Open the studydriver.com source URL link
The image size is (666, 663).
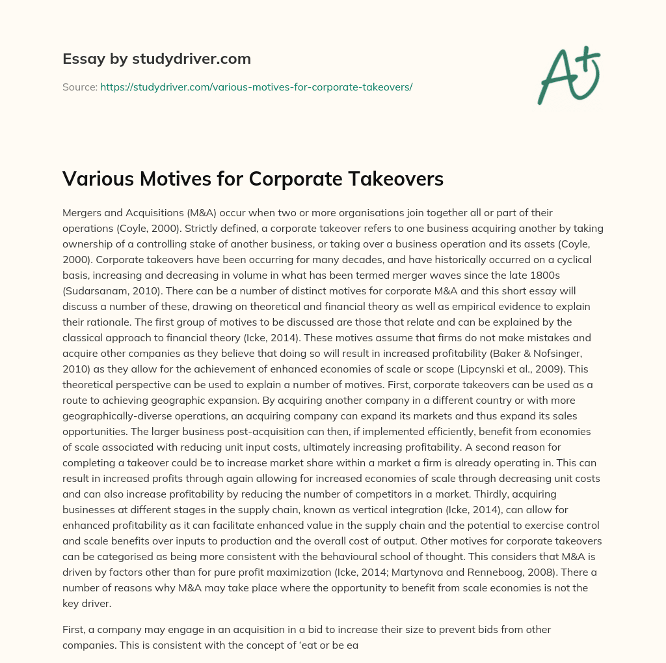256,87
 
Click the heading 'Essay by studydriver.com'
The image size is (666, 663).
156,59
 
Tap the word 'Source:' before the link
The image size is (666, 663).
79,87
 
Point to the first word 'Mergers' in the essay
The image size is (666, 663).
84,213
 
